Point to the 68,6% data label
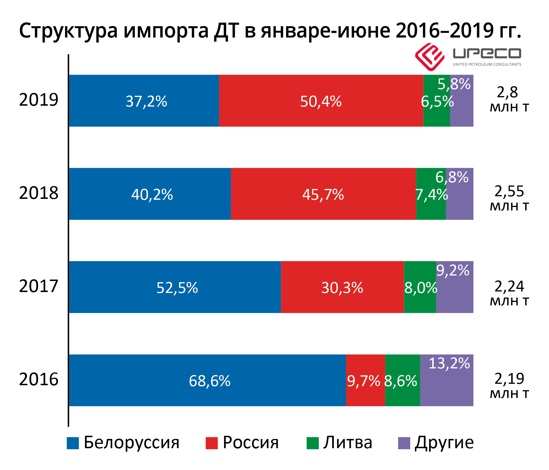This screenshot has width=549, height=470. (210, 381)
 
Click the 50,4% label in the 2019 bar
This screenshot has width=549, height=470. (321, 101)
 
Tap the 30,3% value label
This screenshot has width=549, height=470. (342, 288)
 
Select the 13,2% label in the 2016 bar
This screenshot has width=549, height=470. (449, 363)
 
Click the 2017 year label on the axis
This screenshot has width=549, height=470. (39, 286)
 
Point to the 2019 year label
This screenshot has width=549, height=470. (39, 100)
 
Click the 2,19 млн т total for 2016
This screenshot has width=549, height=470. (509, 386)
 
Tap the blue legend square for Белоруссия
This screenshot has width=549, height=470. (73, 443)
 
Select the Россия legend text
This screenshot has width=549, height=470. (251, 443)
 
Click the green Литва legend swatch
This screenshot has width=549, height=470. (312, 443)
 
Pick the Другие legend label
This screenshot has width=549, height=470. (444, 443)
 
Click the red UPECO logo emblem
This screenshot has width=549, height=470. (429, 57)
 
